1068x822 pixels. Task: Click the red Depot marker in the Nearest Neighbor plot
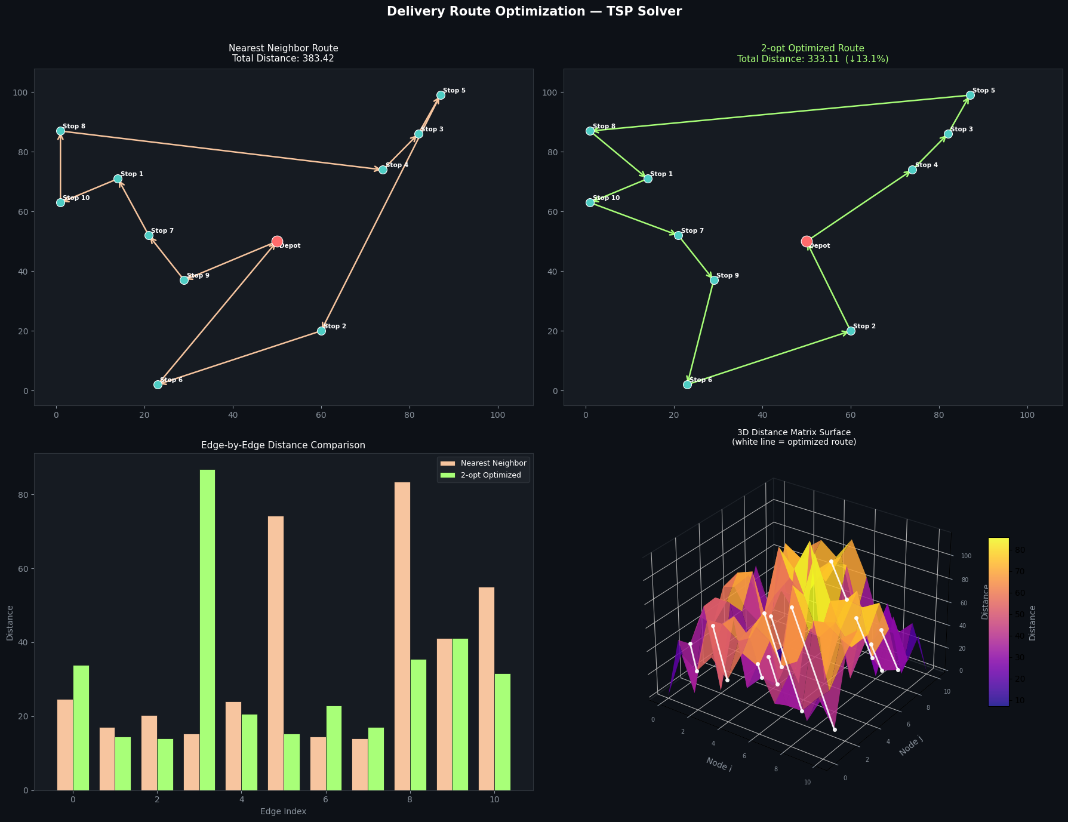tap(277, 242)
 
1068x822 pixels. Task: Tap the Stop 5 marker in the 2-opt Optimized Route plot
tap(970, 95)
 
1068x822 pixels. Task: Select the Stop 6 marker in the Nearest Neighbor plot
tap(158, 384)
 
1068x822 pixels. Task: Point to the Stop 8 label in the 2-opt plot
tap(604, 127)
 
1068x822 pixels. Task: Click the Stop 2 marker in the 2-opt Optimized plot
tap(851, 331)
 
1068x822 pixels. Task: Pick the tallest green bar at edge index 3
tap(207, 630)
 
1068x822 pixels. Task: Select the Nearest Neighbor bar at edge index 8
tap(402, 636)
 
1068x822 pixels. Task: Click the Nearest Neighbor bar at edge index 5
tap(276, 653)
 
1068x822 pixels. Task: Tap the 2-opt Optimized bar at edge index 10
tap(503, 732)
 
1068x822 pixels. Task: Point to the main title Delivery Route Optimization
tap(534, 11)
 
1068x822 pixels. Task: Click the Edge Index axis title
tap(283, 811)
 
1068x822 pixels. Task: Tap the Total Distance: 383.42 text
tap(284, 59)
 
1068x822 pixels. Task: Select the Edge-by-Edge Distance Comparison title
tap(284, 445)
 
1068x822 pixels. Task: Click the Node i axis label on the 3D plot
tap(719, 764)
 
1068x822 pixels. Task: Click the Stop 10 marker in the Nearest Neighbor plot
tap(60, 202)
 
